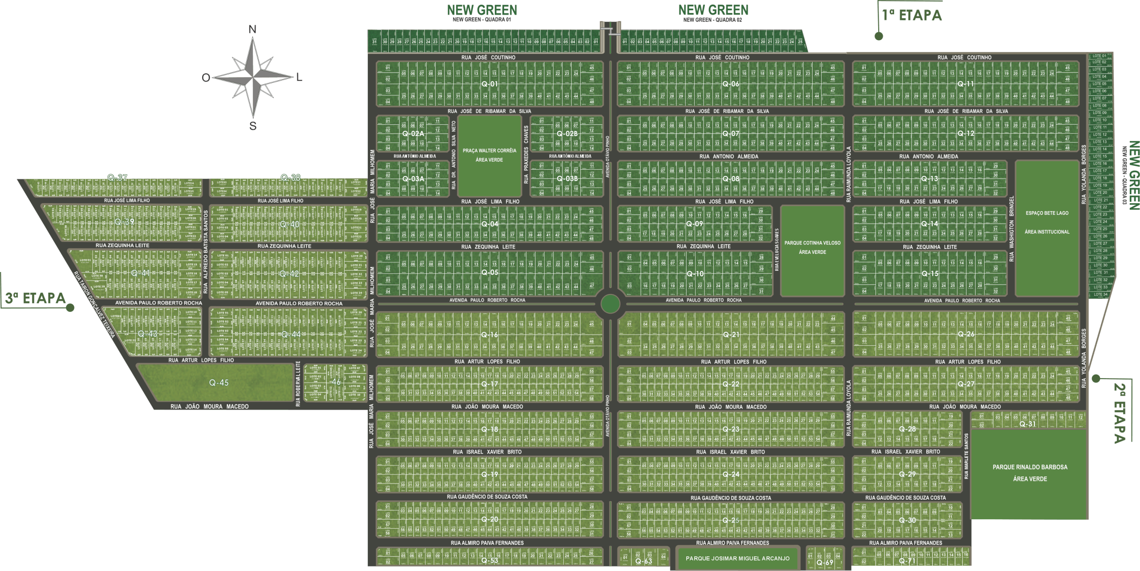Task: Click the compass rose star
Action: [252, 77]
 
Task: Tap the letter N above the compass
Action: [252, 30]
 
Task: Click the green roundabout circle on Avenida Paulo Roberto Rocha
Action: [610, 305]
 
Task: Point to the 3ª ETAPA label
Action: [36, 298]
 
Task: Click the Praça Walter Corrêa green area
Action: [489, 155]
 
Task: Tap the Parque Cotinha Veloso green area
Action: [812, 248]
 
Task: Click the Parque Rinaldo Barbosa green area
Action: [1030, 473]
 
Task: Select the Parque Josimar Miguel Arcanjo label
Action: [737, 559]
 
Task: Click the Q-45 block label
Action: [219, 383]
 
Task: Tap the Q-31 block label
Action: [1028, 424]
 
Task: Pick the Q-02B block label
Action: [567, 134]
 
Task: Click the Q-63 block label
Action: [643, 561]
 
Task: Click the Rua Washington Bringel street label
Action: [1011, 228]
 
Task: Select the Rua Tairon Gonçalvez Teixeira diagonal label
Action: [94, 305]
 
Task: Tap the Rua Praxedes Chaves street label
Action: [526, 155]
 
